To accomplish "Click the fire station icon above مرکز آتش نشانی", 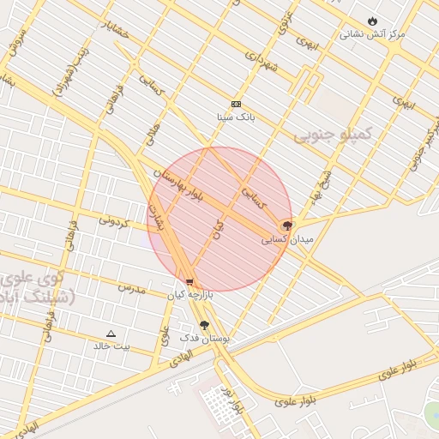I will pos(371,21).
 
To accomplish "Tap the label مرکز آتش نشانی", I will pos(372,34).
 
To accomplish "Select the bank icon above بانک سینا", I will pos(236,104).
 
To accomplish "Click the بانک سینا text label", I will pos(237,117).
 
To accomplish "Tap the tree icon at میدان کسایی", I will pos(287,226).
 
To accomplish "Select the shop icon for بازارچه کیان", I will pos(189,281).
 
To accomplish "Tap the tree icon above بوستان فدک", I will pos(204,325).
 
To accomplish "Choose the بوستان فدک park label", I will pos(205,339).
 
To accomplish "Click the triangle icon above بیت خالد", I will pos(111,333).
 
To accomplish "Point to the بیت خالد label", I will pos(113,346).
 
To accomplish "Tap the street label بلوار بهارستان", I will pos(188,182).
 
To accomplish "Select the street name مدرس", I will pos(133,288).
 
